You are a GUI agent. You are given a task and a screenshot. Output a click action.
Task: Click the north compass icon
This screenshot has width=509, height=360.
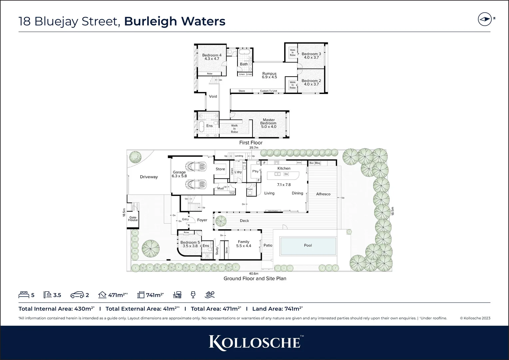click(485, 19)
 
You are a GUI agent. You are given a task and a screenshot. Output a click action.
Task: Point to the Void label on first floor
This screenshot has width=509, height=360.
click(213, 96)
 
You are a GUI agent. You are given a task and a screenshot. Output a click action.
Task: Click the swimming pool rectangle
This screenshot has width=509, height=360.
click(308, 246)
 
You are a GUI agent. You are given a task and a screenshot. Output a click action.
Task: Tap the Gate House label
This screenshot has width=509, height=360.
click(133, 219)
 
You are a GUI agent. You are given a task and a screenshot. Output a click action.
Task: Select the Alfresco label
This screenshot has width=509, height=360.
click(323, 194)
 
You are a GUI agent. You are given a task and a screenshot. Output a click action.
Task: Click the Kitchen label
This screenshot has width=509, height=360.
click(284, 168)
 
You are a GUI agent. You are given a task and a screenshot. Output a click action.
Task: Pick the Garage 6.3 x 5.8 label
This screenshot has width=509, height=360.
click(179, 174)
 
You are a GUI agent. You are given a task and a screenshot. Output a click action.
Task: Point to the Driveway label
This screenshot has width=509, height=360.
click(149, 177)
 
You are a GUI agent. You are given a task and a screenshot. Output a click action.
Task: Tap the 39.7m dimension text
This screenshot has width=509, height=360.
click(254, 148)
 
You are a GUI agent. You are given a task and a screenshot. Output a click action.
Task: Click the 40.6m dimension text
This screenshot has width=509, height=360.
click(254, 274)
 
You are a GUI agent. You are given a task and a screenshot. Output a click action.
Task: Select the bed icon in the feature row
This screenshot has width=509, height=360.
click(24, 295)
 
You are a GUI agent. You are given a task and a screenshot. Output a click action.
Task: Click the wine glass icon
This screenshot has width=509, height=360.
click(193, 295)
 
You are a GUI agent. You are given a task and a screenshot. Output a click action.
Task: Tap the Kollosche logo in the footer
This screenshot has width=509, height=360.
click(254, 343)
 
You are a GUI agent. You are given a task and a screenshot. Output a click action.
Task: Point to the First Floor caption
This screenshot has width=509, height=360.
click(251, 143)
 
